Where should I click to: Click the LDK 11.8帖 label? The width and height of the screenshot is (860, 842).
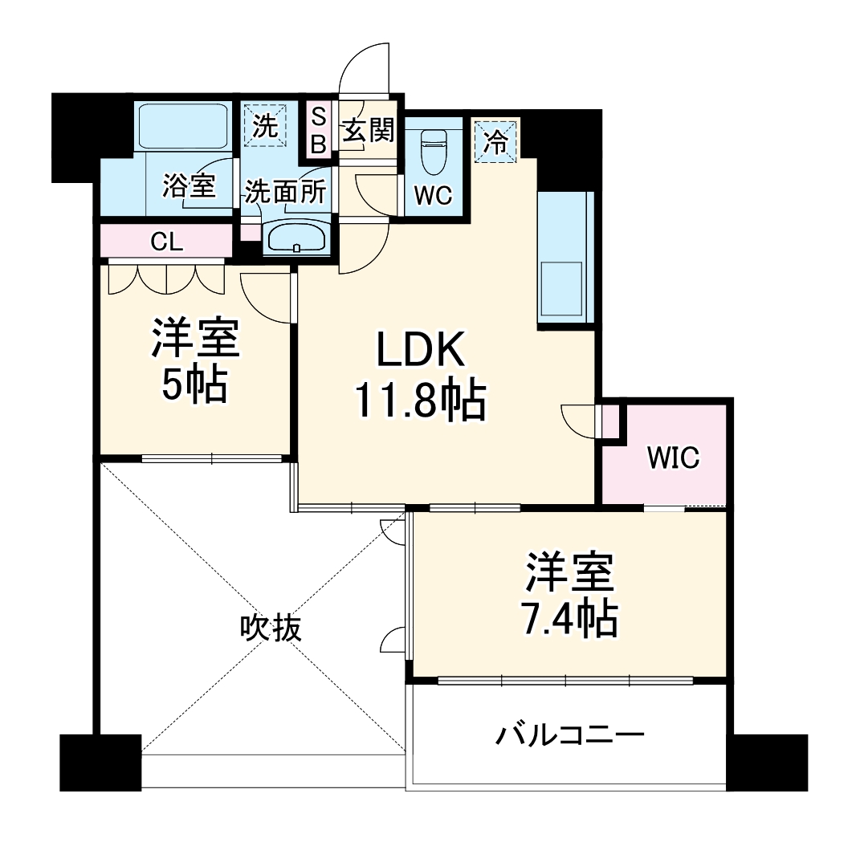click(419, 376)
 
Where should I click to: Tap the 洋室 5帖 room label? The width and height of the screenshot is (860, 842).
click(196, 364)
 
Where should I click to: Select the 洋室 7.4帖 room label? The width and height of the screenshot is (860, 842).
click(571, 595)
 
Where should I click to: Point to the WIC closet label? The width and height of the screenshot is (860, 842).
click(674, 458)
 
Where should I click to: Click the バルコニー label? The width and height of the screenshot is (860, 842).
click(569, 734)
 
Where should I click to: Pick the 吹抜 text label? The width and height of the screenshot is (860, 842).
click(271, 628)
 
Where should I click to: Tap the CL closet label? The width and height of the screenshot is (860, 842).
click(167, 242)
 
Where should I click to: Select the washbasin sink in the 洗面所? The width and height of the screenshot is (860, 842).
click(296, 238)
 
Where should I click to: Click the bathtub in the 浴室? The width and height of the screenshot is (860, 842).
click(183, 124)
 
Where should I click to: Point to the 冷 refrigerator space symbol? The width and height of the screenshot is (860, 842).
click(497, 142)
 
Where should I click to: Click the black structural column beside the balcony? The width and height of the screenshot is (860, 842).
click(766, 761)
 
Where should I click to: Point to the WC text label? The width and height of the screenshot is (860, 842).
click(433, 196)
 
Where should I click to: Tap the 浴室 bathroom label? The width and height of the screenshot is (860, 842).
click(188, 186)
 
